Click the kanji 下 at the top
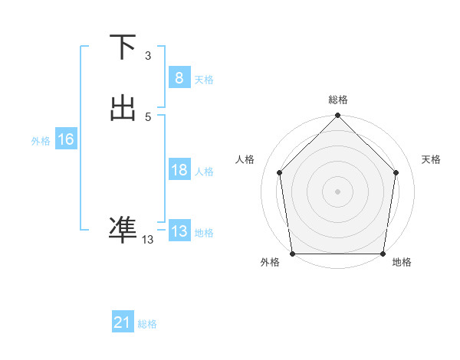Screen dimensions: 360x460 tap(123, 47)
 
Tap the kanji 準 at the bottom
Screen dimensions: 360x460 tap(123, 228)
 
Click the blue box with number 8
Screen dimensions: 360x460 tap(179, 77)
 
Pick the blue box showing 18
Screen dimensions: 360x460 tap(179, 170)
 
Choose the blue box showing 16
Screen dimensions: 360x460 tap(65, 139)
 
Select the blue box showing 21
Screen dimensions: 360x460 tap(123, 322)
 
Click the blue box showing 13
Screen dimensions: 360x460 tap(179, 231)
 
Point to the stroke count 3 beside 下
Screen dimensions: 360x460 tap(148, 56)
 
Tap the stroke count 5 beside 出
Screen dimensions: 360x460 tap(148, 117)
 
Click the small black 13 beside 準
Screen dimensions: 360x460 tap(147, 240)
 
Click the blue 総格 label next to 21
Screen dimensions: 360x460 tap(147, 324)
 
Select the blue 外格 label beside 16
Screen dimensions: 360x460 tap(41, 141)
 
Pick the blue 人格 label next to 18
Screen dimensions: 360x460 tap(205, 172)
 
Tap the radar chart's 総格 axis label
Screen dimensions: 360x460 tap(338, 100)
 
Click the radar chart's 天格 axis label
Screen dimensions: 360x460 tap(432, 159)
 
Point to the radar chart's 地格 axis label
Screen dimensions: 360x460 tap(402, 262)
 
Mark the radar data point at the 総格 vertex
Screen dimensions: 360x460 tap(338, 116)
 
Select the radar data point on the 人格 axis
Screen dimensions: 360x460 tap(279, 172)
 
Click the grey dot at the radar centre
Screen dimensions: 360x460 tap(338, 191)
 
